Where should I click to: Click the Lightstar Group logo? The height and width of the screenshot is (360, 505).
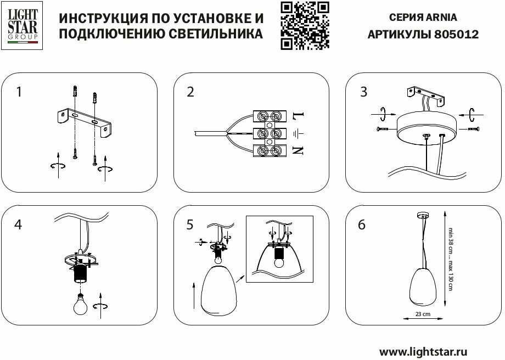pos(22,25)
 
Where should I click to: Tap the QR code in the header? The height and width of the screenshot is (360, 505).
pos(305,25)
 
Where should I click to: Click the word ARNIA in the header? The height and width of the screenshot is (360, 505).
pos(441,17)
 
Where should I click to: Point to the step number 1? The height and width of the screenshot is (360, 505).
pos(19,92)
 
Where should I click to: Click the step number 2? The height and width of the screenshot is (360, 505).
pos(190,92)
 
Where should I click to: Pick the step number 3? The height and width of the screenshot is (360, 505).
pos(363,92)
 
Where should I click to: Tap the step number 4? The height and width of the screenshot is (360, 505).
pos(19,224)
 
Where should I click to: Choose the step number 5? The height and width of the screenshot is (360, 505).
pos(190,224)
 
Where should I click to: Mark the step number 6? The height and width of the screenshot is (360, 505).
pos(362,224)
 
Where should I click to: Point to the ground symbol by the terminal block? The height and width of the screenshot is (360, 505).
pos(297,133)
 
